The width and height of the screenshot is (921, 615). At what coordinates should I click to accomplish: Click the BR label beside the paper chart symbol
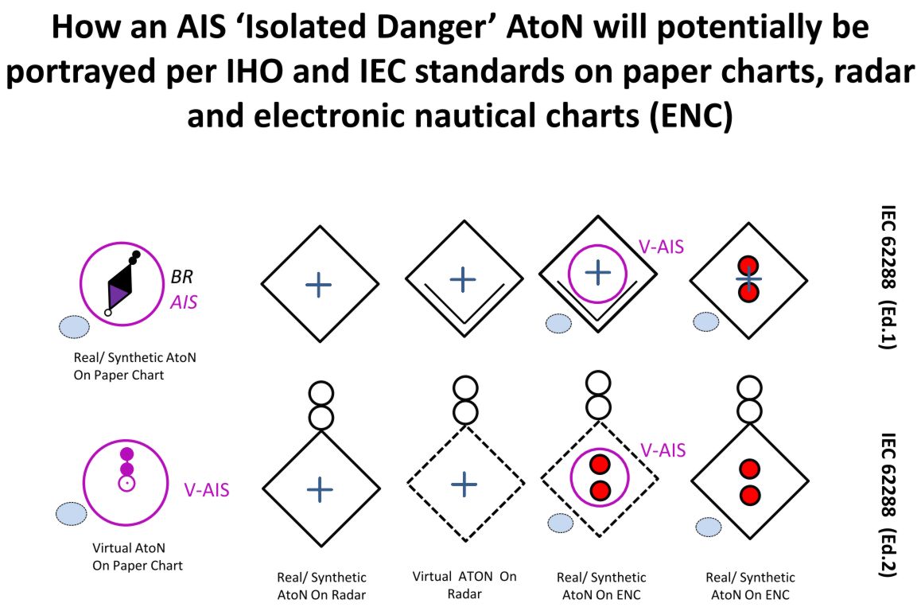[x=182, y=277]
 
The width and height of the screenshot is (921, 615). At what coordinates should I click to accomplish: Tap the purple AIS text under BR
[x=184, y=302]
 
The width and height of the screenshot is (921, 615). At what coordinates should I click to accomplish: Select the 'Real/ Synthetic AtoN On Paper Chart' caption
[x=134, y=366]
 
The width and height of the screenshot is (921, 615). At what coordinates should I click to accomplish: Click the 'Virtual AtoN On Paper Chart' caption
[x=138, y=557]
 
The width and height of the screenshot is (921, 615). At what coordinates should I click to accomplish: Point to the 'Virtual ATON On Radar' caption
[x=464, y=585]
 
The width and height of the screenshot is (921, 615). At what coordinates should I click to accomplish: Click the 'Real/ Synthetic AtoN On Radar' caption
[x=321, y=586]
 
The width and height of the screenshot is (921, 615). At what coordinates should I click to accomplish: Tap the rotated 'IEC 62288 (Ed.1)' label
[x=888, y=277]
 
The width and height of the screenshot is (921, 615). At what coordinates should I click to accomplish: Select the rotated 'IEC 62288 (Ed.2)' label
[x=888, y=505]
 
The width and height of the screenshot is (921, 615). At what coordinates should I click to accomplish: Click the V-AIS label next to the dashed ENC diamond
[x=663, y=450]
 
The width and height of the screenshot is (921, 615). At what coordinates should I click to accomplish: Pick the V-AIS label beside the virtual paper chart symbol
[x=207, y=490]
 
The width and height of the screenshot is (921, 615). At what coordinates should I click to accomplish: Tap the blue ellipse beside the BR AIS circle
[x=74, y=327]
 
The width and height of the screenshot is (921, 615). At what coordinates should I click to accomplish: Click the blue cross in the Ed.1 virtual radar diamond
[x=463, y=279]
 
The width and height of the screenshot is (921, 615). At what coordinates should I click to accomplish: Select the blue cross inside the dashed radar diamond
[x=464, y=485]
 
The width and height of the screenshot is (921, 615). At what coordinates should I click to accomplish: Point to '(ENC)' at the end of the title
[x=691, y=115]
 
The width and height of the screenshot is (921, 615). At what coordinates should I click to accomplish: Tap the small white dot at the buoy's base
[x=108, y=313]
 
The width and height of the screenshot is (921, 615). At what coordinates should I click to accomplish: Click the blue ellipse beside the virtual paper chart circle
[x=71, y=514]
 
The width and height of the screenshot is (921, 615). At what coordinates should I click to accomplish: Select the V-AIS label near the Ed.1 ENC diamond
[x=662, y=247]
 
